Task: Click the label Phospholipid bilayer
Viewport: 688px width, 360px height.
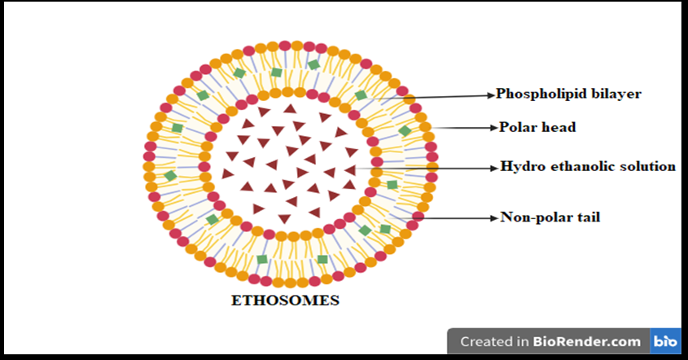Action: [568, 94]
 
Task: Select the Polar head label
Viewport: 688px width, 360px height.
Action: [537, 127]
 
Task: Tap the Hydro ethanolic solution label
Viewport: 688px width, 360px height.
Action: [587, 166]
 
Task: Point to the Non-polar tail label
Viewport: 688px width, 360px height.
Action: [550, 217]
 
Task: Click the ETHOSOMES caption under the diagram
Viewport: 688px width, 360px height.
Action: [285, 301]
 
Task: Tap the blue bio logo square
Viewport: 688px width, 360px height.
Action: [664, 342]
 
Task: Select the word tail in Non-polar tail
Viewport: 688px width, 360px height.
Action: [587, 217]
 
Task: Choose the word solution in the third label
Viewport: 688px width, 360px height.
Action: [646, 166]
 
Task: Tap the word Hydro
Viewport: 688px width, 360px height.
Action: [519, 166]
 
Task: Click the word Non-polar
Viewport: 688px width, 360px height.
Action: [535, 217]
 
